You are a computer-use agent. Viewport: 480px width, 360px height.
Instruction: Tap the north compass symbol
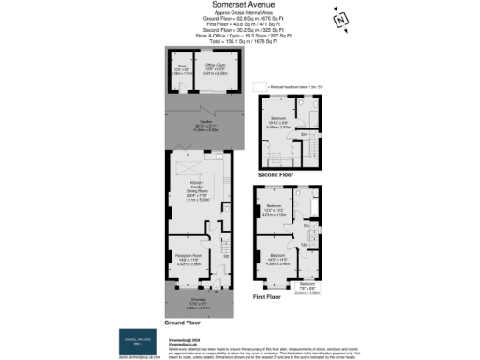click(341, 19)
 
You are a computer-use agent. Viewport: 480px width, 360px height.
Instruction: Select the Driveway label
click(190, 303)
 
